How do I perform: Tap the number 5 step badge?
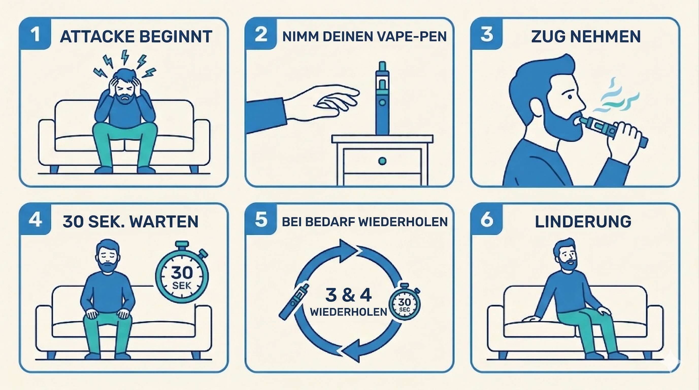[x=261, y=219]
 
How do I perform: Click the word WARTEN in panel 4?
[x=164, y=222]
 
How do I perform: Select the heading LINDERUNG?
[x=583, y=222]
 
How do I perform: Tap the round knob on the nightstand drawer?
[x=382, y=161]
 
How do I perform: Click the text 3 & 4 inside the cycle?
[x=348, y=295]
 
